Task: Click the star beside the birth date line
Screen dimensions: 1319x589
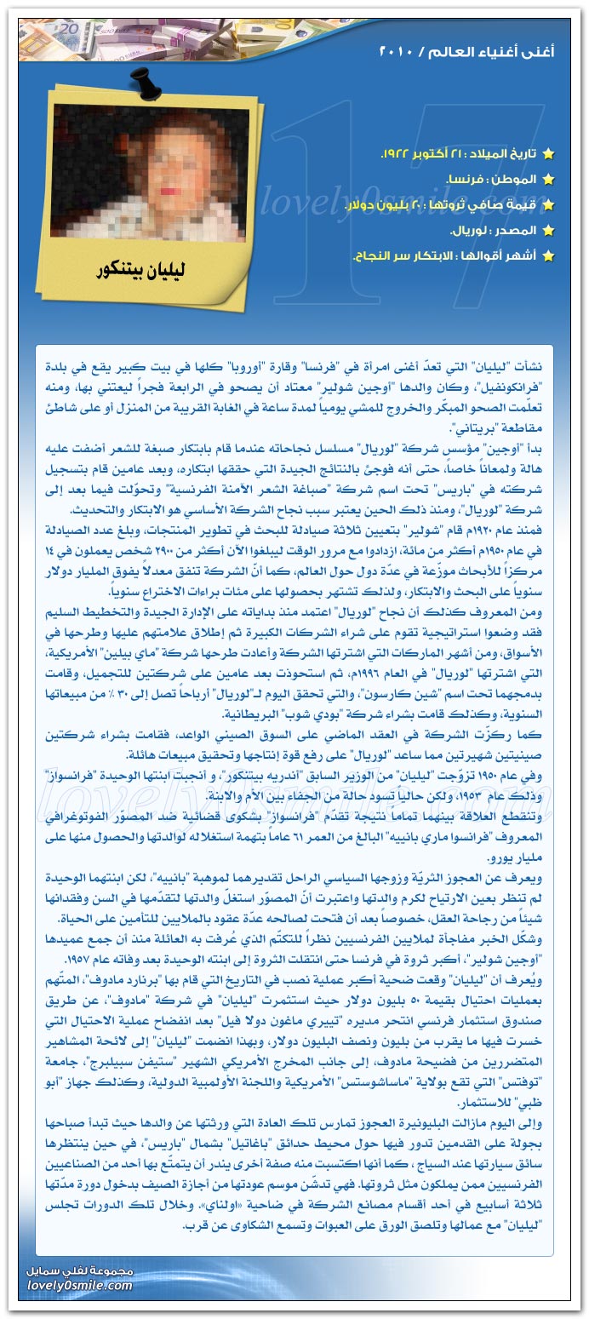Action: click(x=548, y=154)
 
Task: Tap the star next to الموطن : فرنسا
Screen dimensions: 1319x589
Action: click(x=548, y=180)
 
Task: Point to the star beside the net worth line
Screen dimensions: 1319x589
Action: click(x=548, y=205)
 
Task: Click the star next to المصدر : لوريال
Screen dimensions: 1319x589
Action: click(x=548, y=231)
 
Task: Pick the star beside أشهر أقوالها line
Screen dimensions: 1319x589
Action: click(x=548, y=256)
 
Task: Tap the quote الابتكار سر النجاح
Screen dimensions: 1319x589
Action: click(x=395, y=256)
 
